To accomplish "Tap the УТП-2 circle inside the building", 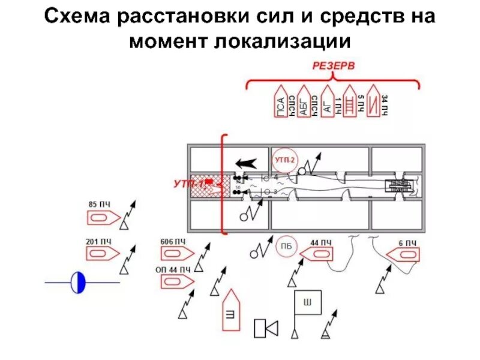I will [x=284, y=160].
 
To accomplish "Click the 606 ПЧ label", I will [x=173, y=242].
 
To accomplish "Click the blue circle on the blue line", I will [x=79, y=282].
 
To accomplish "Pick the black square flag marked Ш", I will [x=307, y=303].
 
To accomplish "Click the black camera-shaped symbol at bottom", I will [x=265, y=328].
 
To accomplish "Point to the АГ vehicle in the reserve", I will [x=328, y=100].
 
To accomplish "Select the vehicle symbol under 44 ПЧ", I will [x=316, y=255].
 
